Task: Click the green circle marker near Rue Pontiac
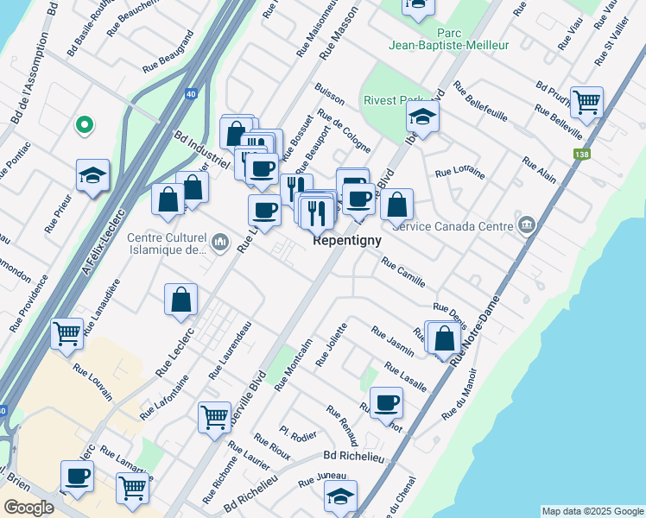click(84, 126)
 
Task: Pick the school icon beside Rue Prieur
click(92, 175)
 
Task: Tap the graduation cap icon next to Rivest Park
click(422, 115)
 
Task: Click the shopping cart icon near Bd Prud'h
click(586, 101)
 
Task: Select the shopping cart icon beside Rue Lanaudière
click(66, 332)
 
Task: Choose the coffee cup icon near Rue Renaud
click(386, 401)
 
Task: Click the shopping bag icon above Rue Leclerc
click(181, 300)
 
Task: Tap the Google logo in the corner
click(28, 508)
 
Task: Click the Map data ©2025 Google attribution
click(592, 511)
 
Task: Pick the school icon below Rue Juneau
click(340, 496)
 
